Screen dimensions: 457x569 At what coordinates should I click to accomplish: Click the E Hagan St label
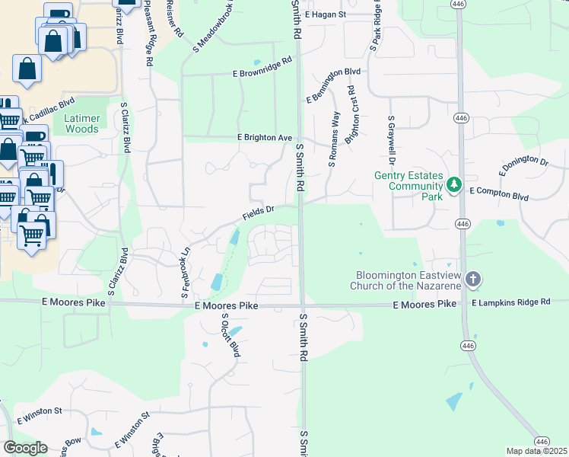(x=325, y=14)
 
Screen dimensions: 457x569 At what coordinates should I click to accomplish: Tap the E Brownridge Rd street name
(x=262, y=68)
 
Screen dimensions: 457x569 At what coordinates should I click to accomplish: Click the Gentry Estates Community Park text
(x=408, y=181)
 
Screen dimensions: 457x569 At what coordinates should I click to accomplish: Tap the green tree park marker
(x=454, y=184)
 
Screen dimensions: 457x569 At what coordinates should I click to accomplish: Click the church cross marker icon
(x=472, y=279)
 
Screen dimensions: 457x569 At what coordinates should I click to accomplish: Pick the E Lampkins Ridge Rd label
(x=510, y=302)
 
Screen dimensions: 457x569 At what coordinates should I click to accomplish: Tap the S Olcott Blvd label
(x=230, y=335)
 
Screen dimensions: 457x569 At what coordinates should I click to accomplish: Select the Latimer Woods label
(x=81, y=124)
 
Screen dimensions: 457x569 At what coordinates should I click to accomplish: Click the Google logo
(x=25, y=448)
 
